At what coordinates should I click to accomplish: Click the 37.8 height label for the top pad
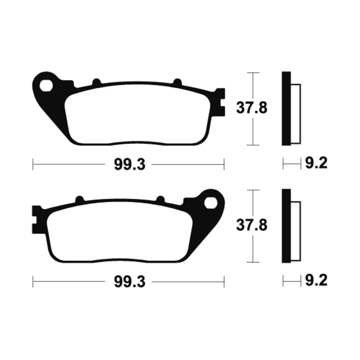(x=252, y=108)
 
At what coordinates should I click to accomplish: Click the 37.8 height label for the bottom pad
(x=252, y=225)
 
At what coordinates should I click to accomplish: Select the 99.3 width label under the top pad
(x=130, y=165)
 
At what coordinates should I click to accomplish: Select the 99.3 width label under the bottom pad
(x=130, y=282)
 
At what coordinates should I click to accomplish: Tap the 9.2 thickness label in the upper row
(x=316, y=163)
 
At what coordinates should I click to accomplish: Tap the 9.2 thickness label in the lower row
(x=316, y=280)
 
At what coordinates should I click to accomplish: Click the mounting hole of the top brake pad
(x=46, y=85)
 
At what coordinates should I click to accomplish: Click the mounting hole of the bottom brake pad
(x=211, y=203)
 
